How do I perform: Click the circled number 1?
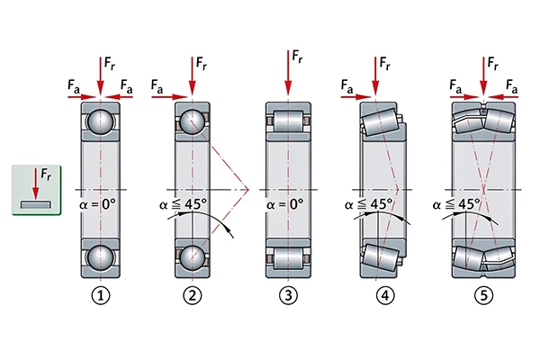[101, 295]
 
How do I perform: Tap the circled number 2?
[193, 295]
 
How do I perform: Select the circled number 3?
[288, 295]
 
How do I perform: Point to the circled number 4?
[385, 295]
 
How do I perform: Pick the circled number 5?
[483, 295]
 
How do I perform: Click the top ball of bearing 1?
[101, 121]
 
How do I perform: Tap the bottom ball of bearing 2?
[193, 257]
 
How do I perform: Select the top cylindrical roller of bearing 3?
[288, 121]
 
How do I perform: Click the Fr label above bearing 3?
[297, 57]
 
